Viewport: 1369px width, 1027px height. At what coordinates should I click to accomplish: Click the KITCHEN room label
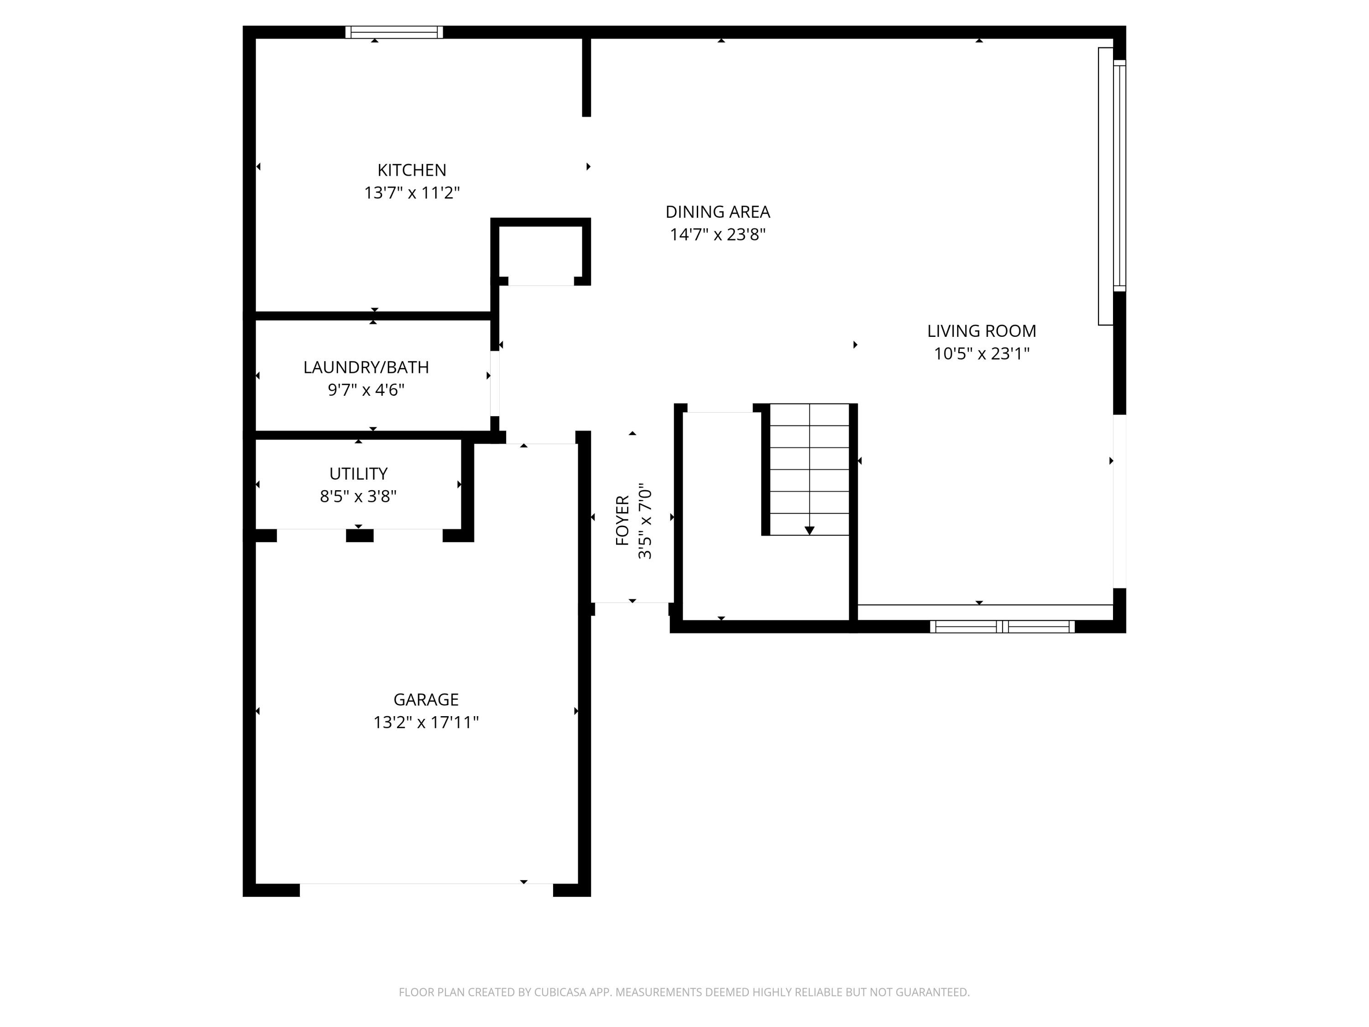pos(412,170)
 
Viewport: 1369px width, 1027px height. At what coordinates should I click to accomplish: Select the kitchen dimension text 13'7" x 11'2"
pos(412,193)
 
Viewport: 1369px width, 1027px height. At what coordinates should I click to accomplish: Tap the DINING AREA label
pos(717,212)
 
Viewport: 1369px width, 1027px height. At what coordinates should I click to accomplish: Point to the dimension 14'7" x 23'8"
pos(717,235)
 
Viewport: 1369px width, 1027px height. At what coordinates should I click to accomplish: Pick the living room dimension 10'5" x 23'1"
pos(981,353)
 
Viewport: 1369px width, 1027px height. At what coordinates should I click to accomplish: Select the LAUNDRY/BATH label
pos(366,367)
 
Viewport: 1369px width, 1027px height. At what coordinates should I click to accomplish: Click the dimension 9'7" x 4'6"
pos(366,390)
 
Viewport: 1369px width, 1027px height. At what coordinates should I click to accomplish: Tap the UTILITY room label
pos(358,474)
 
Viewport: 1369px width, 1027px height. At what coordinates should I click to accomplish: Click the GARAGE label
pos(426,700)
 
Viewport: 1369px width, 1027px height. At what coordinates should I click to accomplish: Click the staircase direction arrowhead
pos(809,530)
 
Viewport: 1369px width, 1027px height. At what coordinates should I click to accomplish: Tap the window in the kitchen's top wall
pos(394,32)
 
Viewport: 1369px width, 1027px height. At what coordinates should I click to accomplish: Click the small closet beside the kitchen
pos(540,254)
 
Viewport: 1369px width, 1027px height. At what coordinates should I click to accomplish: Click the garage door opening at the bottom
pos(426,890)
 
